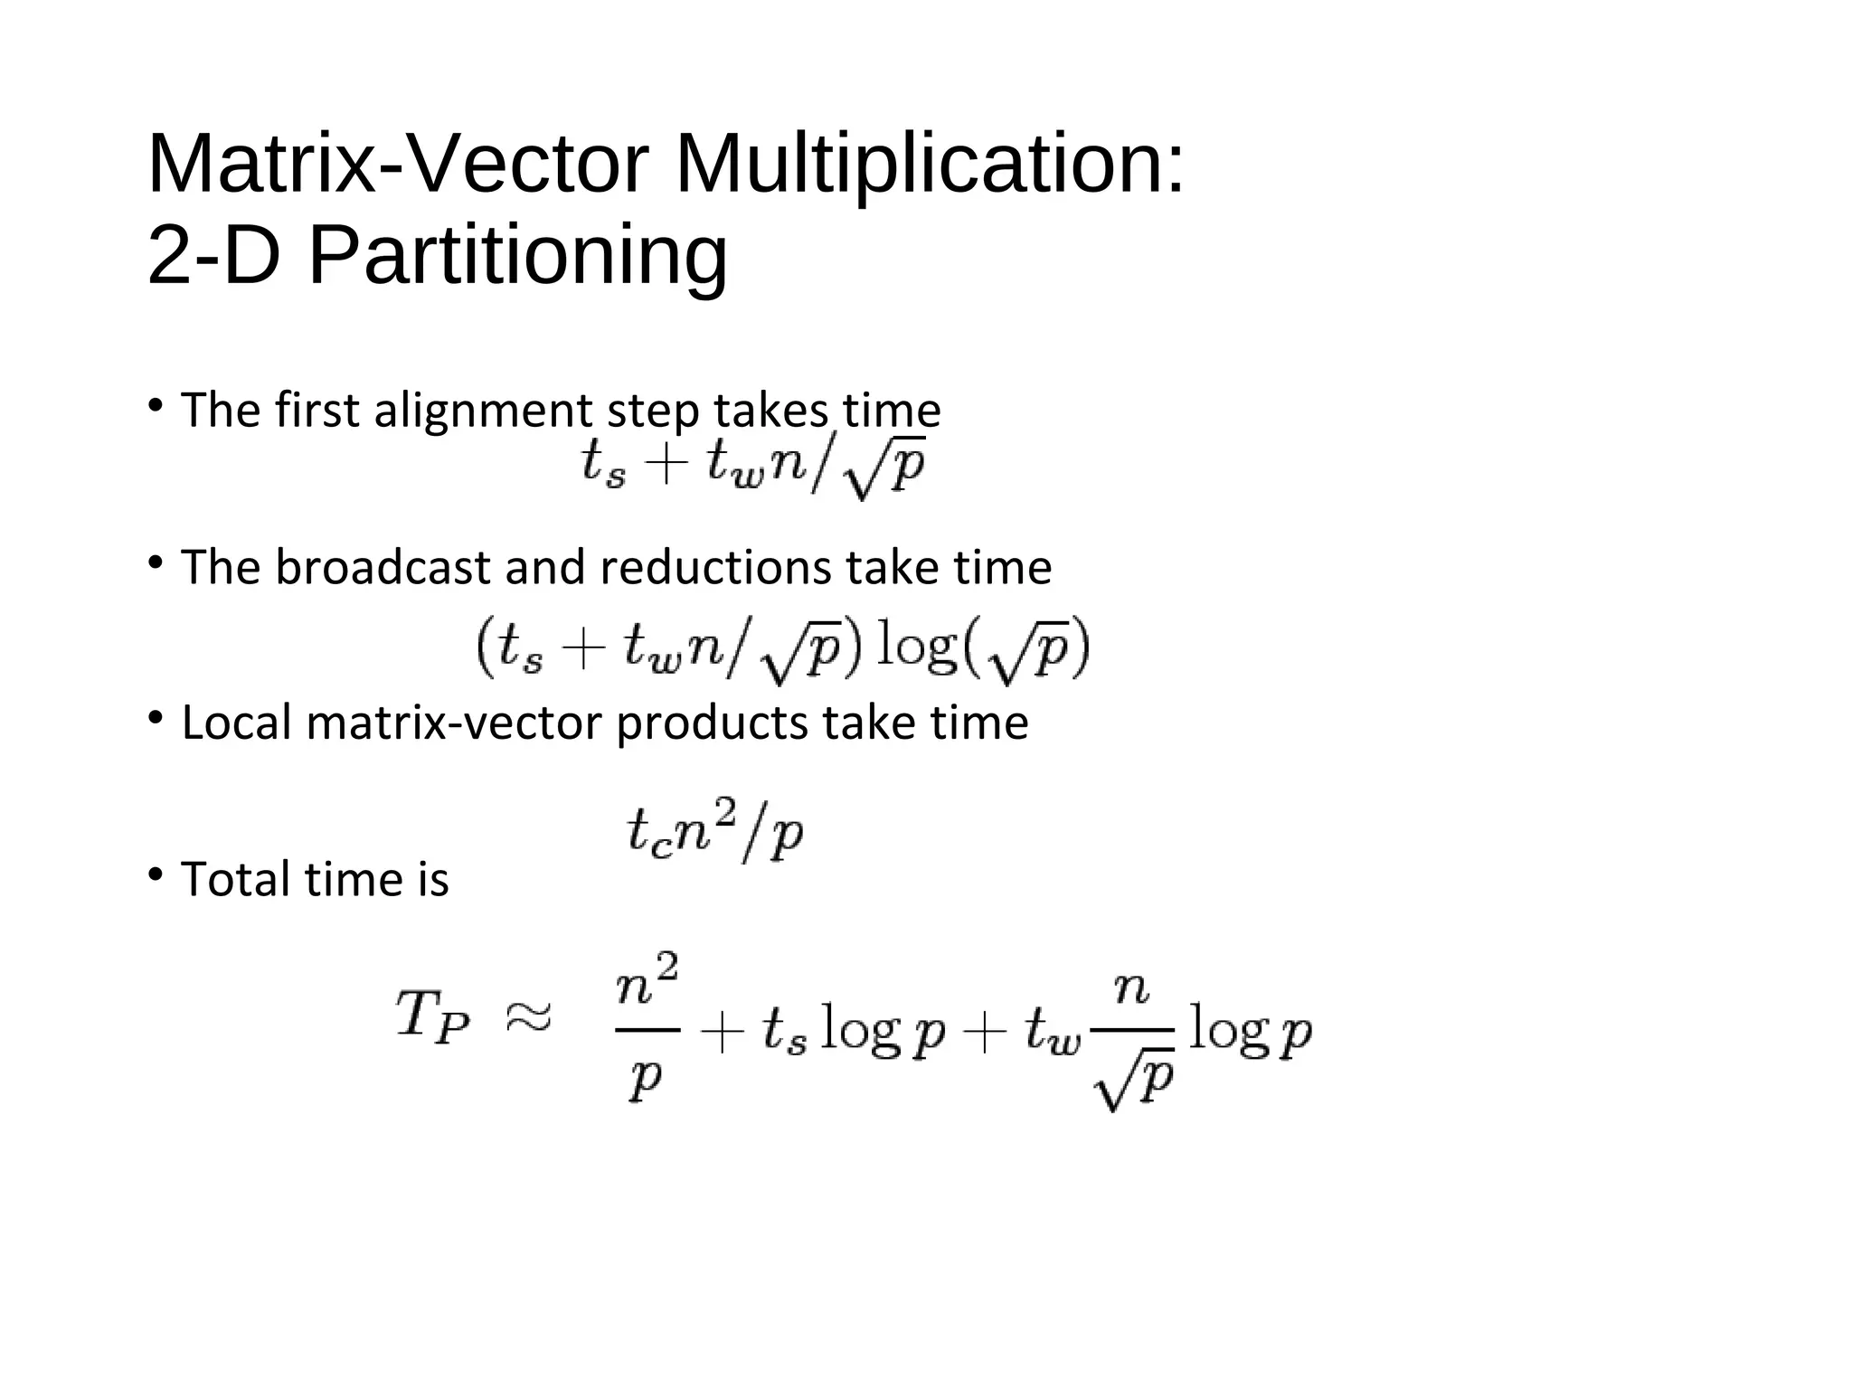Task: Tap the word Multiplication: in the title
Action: coord(930,165)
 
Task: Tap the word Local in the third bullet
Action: coord(238,723)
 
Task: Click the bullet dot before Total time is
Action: coord(156,874)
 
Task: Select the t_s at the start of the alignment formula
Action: coord(603,466)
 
